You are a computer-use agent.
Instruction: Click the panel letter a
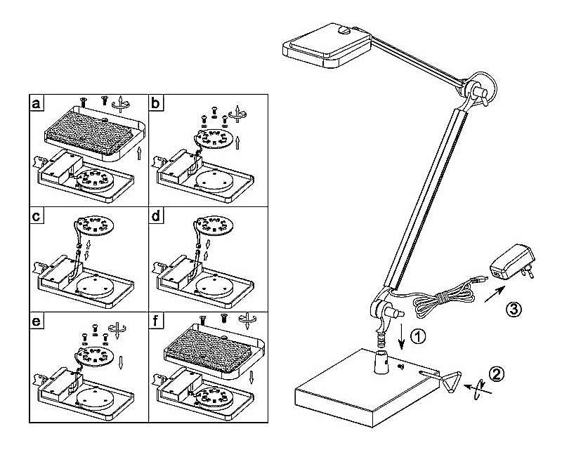pyautogui.click(x=37, y=103)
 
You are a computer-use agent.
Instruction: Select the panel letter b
pyautogui.click(x=155, y=102)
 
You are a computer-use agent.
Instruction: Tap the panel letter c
pyautogui.click(x=36, y=216)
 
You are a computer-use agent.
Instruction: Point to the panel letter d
pyautogui.click(x=155, y=216)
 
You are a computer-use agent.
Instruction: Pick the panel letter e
pyautogui.click(x=37, y=322)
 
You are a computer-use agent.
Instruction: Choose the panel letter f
pyautogui.click(x=155, y=321)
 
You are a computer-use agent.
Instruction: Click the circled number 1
pyautogui.click(x=417, y=337)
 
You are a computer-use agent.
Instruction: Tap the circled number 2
pyautogui.click(x=497, y=373)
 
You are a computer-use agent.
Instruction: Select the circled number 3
pyautogui.click(x=514, y=309)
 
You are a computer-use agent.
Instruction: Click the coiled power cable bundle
pyautogui.click(x=445, y=300)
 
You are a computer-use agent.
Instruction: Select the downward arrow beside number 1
pyautogui.click(x=401, y=336)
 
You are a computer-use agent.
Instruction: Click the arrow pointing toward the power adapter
pyautogui.click(x=495, y=293)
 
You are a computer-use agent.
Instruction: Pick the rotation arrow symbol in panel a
pyautogui.click(x=120, y=103)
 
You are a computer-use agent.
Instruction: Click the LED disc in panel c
pyautogui.click(x=95, y=225)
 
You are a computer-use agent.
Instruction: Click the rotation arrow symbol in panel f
pyautogui.click(x=247, y=320)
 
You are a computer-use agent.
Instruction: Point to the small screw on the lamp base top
pyautogui.click(x=400, y=366)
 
